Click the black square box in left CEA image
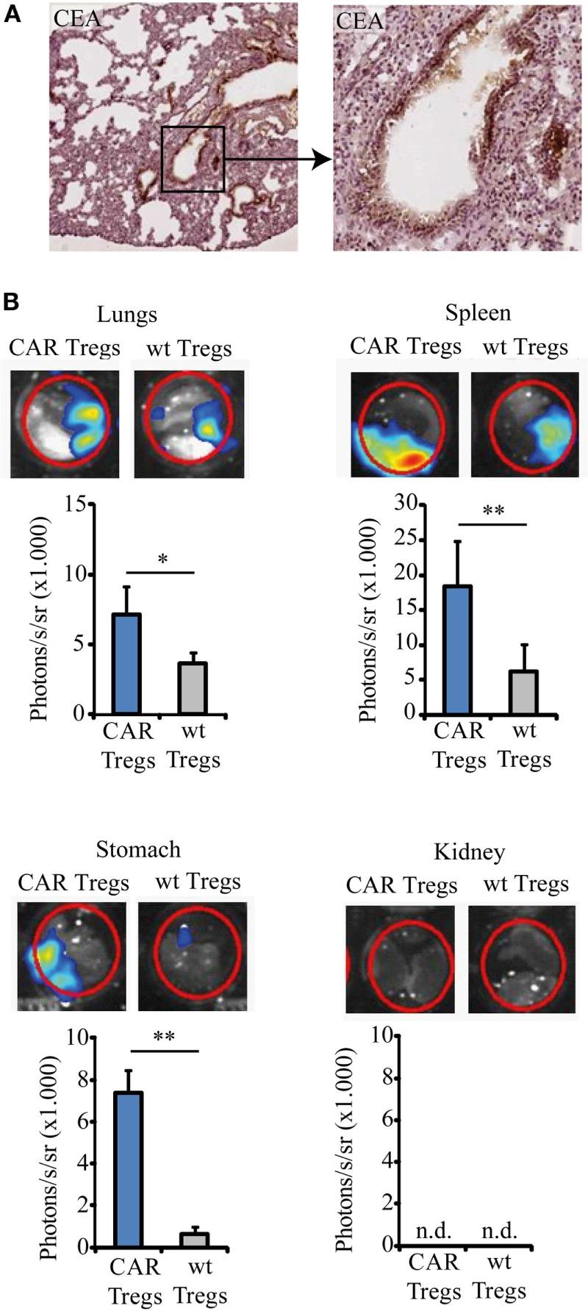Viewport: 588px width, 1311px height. pyautogui.click(x=193, y=159)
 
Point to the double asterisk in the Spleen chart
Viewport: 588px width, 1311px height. pyautogui.click(x=493, y=510)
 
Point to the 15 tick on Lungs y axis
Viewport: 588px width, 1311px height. pyautogui.click(x=73, y=504)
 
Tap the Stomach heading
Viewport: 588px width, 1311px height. pyautogui.click(x=138, y=849)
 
